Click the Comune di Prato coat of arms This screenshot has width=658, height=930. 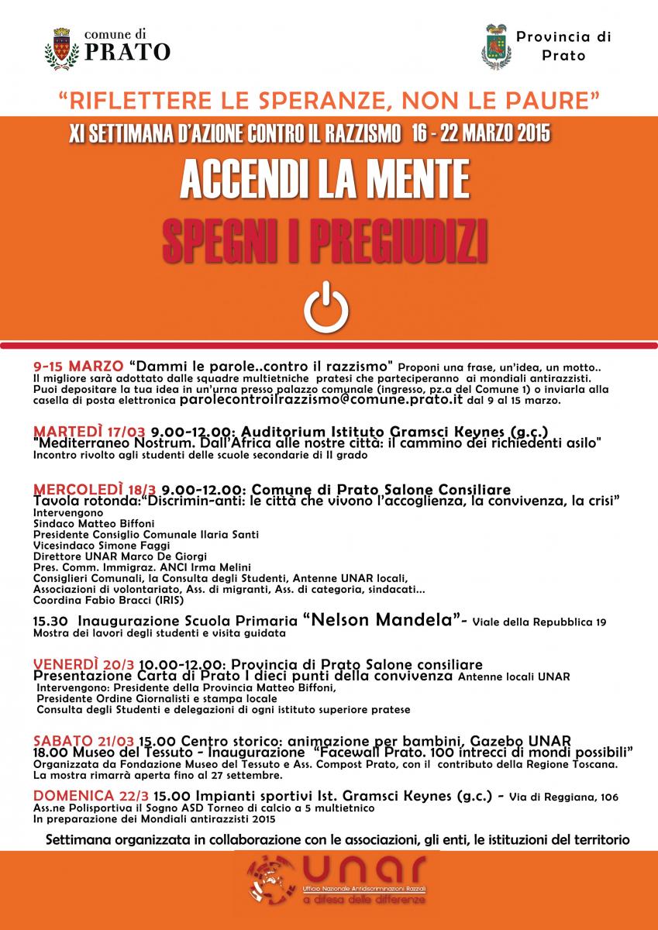pyautogui.click(x=60, y=46)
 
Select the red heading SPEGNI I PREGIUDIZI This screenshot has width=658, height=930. pyautogui.click(x=325, y=236)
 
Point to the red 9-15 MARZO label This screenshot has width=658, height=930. pyautogui.click(x=78, y=365)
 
